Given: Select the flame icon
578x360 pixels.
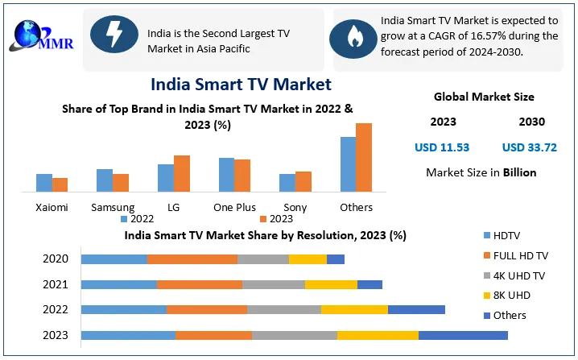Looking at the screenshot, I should click(354, 35).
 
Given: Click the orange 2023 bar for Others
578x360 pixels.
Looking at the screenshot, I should click(364, 157).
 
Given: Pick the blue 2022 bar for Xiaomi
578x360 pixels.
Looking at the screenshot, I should click(44, 183).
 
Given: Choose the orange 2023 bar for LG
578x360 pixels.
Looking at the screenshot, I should click(182, 173).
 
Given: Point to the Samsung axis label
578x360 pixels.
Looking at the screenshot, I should click(113, 207).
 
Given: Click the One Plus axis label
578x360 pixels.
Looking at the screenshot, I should click(234, 207).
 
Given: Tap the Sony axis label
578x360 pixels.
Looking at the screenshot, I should click(295, 207).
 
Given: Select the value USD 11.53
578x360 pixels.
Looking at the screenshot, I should click(442, 147).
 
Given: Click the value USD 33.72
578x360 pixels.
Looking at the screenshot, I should click(529, 147).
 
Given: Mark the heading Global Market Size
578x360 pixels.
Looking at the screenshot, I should click(484, 97).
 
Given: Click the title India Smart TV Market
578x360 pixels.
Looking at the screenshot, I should click(241, 84).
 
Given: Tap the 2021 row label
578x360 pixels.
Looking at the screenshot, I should click(56, 284).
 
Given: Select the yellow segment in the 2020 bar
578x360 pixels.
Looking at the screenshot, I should click(308, 259).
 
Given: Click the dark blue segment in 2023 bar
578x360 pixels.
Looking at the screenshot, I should click(463, 335).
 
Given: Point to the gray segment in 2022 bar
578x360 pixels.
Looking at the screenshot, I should click(283, 309).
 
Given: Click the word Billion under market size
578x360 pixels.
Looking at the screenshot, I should click(520, 172).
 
